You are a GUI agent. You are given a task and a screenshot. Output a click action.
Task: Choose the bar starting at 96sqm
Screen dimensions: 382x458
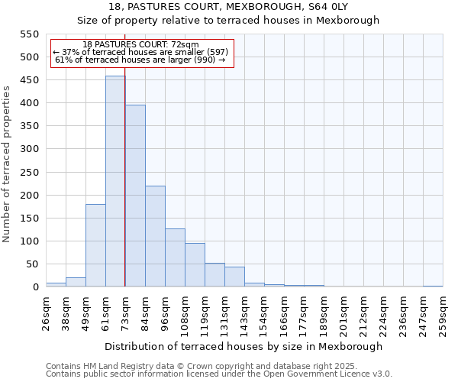pos(175,258)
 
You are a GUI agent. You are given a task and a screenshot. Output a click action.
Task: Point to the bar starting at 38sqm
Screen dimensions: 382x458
pos(76,282)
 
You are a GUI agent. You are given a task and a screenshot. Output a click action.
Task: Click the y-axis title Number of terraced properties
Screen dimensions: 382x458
pos(8,164)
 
